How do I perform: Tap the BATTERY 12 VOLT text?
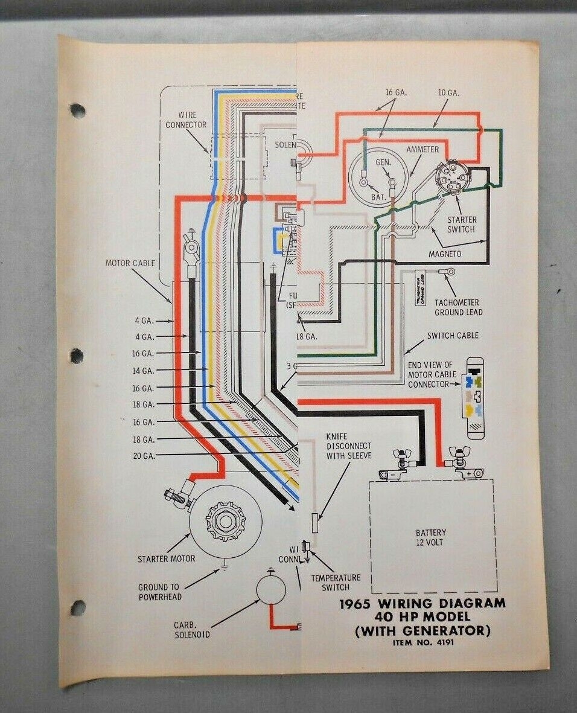431,537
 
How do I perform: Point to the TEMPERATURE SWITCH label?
336,583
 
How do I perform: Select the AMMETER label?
422,149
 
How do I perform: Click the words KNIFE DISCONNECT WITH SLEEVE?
349,446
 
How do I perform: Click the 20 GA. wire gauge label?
144,456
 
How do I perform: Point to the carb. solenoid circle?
273,589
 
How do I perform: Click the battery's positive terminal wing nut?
459,453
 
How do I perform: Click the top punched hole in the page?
77,110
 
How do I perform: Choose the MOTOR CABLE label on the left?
130,263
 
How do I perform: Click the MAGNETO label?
445,254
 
